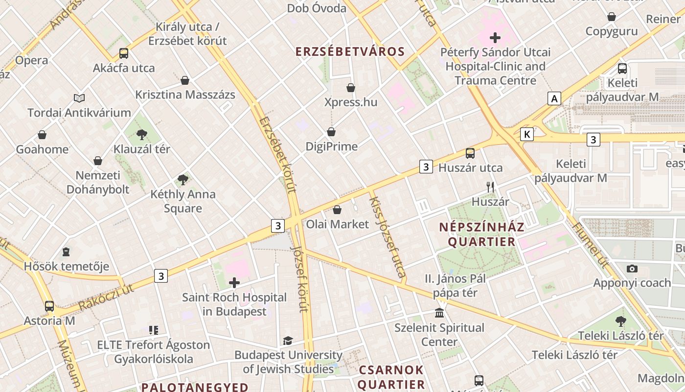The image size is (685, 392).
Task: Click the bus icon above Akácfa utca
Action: (124, 53)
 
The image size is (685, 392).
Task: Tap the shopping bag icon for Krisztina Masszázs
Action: (185, 80)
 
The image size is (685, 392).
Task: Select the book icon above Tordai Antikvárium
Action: (79, 98)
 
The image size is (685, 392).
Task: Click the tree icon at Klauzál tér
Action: (142, 134)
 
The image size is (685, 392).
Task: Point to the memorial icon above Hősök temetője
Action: (66, 252)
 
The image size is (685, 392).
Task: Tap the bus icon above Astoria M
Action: (49, 306)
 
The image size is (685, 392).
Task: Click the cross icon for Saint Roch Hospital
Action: (234, 283)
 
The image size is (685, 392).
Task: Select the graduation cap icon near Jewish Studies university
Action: (288, 341)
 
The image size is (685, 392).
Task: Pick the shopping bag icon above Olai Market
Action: (337, 210)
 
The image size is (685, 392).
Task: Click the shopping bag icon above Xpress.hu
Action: (351, 88)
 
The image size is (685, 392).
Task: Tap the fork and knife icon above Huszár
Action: (490, 187)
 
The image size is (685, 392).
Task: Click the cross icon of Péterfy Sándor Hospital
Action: (495, 38)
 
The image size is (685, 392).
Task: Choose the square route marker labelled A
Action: (554, 98)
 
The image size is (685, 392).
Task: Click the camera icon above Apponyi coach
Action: (632, 269)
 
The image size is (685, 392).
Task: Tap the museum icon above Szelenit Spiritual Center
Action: (439, 313)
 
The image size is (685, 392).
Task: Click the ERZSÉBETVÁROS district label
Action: (350, 52)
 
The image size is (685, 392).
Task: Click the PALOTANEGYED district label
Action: (195, 387)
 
